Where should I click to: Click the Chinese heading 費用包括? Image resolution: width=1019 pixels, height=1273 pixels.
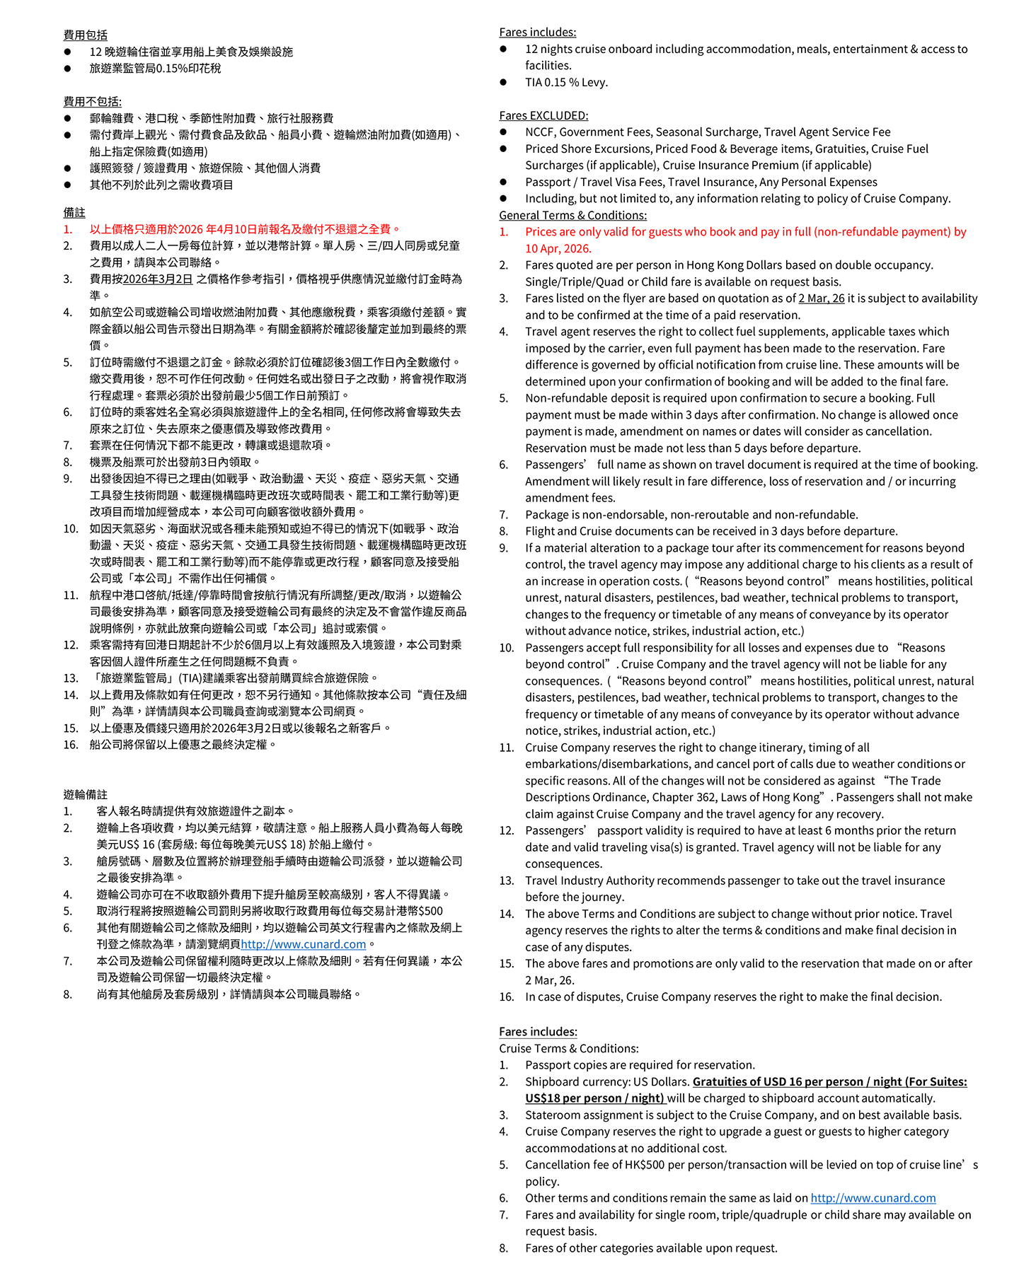(85, 35)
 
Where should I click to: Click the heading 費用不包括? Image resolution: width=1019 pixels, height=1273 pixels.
(92, 101)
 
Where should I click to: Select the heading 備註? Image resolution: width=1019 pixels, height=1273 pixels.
(74, 212)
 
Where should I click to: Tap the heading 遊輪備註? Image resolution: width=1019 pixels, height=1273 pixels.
(85, 794)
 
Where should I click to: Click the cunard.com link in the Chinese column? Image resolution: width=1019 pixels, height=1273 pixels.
(304, 944)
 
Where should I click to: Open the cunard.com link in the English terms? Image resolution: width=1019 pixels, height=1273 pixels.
(873, 1198)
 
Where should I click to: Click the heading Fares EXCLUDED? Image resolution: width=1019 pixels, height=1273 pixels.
(543, 115)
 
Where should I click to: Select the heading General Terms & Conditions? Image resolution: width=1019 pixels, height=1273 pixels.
(572, 215)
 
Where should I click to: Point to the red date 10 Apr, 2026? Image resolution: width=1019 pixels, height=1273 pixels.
(558, 248)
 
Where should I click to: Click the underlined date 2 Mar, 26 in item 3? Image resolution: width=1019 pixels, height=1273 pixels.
(821, 298)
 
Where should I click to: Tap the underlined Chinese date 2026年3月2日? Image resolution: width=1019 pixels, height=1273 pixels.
(158, 279)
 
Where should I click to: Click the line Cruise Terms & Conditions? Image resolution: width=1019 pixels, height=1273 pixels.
(568, 1048)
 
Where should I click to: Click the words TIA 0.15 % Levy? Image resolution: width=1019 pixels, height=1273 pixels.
(566, 82)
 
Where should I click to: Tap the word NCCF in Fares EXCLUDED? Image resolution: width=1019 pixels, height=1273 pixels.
(539, 132)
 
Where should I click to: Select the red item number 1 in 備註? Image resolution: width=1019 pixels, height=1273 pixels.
(67, 229)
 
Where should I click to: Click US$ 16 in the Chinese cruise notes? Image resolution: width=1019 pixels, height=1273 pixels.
(138, 844)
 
